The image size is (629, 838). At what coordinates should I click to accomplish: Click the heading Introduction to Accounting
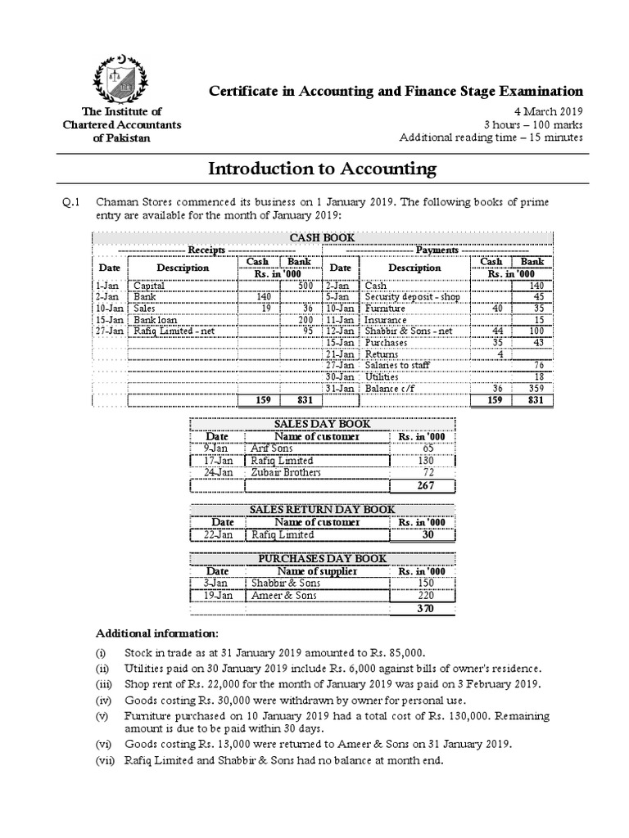tap(322, 169)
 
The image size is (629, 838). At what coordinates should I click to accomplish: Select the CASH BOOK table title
tap(323, 237)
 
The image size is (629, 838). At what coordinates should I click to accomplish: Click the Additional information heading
tap(157, 633)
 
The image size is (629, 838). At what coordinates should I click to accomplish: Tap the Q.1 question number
tap(72, 202)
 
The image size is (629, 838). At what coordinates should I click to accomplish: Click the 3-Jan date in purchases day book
tap(217, 583)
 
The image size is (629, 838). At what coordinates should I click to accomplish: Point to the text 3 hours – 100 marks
tap(533, 124)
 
